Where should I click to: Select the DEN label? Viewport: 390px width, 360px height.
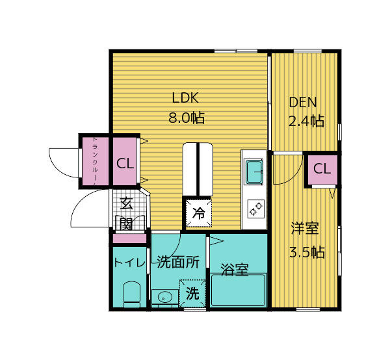pos(303,103)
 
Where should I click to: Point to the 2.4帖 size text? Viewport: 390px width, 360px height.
pos(306,121)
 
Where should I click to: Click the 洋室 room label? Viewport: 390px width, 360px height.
pos(304,228)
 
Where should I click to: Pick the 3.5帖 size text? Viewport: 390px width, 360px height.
pos(307,252)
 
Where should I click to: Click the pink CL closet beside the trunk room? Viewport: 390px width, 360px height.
pos(125,162)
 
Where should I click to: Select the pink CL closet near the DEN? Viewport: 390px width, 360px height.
pos(321,169)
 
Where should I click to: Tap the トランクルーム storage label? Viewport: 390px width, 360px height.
pos(94,161)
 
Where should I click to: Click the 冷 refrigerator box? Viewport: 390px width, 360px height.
pos(198,212)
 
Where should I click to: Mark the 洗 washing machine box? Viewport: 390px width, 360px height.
pos(192,293)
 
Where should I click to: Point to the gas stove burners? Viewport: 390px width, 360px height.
pos(254,210)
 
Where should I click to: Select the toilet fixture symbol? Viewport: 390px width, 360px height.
pos(132,294)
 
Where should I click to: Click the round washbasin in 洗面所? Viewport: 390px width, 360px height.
pos(164,298)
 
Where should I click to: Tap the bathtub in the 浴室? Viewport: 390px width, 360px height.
pos(238,290)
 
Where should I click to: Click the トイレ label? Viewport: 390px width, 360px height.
pos(127,263)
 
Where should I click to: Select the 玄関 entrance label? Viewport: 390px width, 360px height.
pos(126,213)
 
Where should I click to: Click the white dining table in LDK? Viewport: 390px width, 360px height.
pos(198,169)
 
